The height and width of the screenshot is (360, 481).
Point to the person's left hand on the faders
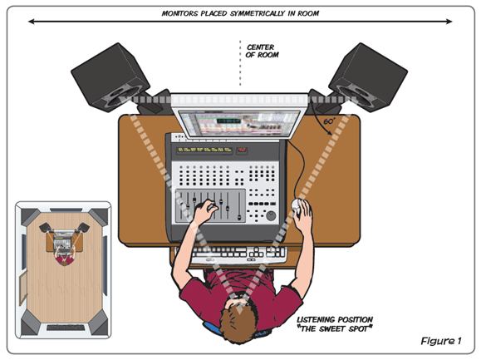pyautogui.click(x=204, y=212)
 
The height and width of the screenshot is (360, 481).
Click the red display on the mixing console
pyautogui.click(x=241, y=150)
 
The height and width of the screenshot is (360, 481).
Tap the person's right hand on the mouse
pyautogui.click(x=304, y=218)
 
